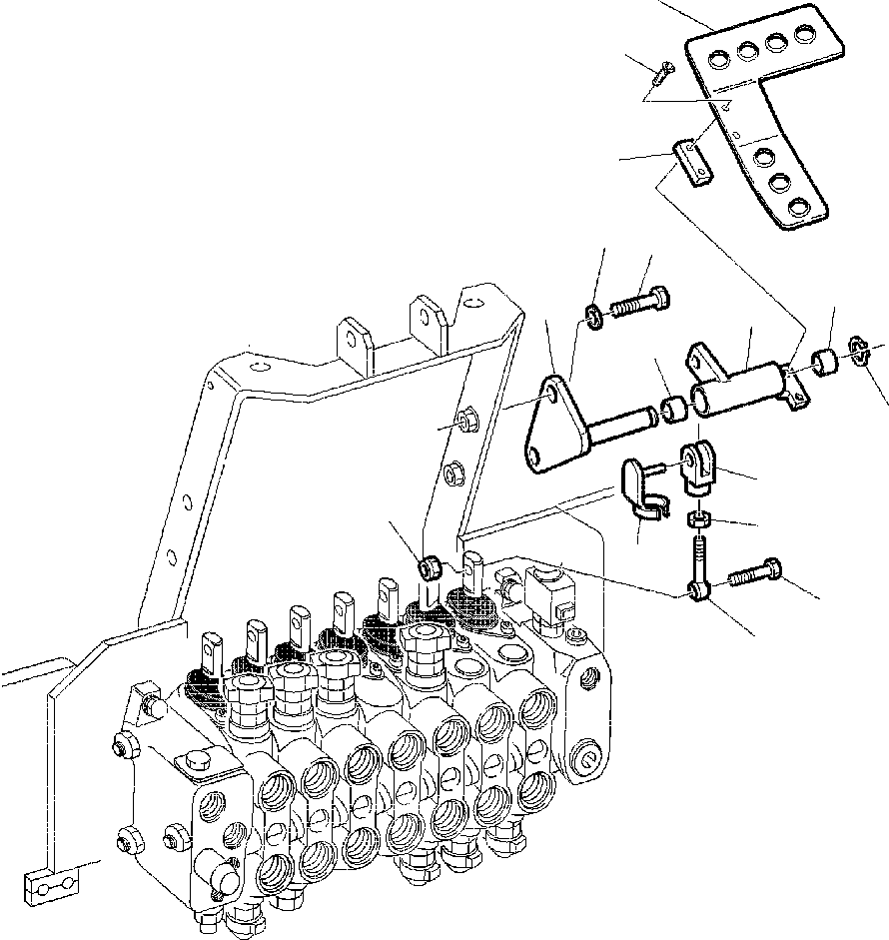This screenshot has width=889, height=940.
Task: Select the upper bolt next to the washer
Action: point(639,302)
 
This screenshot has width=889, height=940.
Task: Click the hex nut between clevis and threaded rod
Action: point(698,519)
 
